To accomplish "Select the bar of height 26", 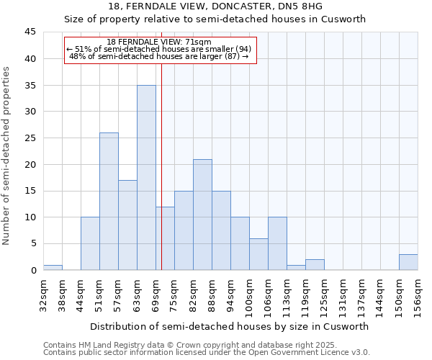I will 109,202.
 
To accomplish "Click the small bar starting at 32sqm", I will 53,267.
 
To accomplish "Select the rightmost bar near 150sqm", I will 408,262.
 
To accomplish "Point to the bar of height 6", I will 258,254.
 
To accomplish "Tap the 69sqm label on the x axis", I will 156,295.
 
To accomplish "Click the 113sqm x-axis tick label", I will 287,295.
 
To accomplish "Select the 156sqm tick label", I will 418,295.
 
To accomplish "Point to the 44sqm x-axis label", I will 81,295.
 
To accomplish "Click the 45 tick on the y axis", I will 30,32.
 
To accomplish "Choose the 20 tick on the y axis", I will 30,164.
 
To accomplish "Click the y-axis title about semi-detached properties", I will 7,156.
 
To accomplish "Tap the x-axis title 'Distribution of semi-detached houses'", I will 230,326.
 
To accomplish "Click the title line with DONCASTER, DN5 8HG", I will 216,6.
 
